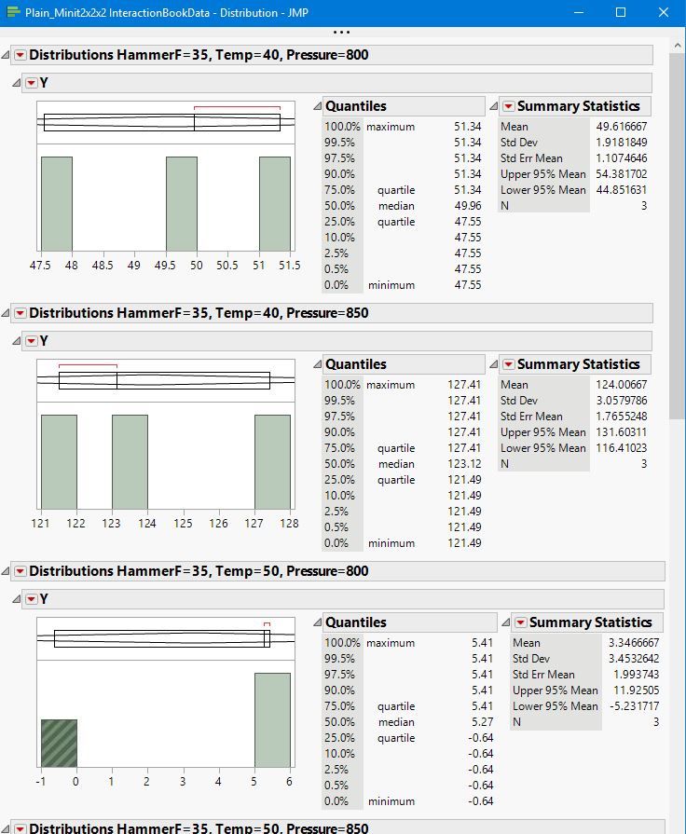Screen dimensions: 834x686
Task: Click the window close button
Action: [x=664, y=12]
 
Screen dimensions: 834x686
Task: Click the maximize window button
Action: [x=621, y=12]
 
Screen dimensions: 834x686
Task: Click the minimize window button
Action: [x=578, y=12]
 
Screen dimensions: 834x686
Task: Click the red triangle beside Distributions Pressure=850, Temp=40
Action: [x=20, y=313]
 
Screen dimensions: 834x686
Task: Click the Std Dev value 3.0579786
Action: [x=621, y=401]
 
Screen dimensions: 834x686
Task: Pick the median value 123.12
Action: [x=464, y=464]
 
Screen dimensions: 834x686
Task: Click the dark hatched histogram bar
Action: [x=59, y=744]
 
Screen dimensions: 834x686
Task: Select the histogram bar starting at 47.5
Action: [x=56, y=203]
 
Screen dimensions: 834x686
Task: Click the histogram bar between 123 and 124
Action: [x=130, y=462]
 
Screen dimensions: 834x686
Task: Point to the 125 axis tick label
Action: [x=183, y=524]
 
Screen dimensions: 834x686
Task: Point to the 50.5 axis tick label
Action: [x=226, y=266]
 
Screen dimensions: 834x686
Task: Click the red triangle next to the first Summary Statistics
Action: [x=508, y=106]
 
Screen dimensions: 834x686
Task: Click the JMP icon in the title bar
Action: [x=13, y=12]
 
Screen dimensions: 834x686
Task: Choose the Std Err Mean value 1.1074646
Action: [x=621, y=158]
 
